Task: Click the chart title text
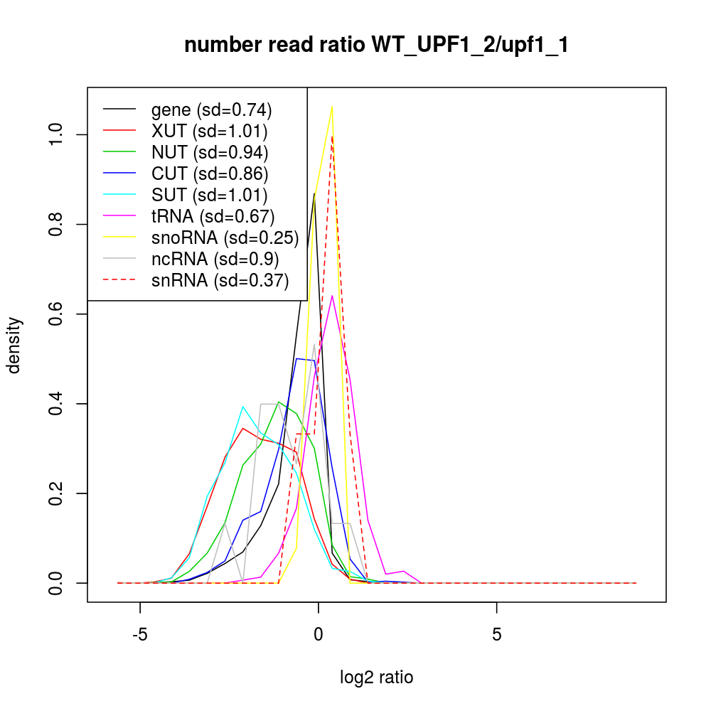376,45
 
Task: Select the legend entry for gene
212,109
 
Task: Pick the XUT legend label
209,131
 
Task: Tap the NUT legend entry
210,152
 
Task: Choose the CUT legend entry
210,173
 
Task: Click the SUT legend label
209,195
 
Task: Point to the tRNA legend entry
213,216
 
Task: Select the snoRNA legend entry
225,237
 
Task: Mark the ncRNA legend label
215,259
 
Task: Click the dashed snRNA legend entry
220,280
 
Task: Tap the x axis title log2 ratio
377,678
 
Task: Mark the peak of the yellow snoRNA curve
332,107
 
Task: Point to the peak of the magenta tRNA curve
332,296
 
